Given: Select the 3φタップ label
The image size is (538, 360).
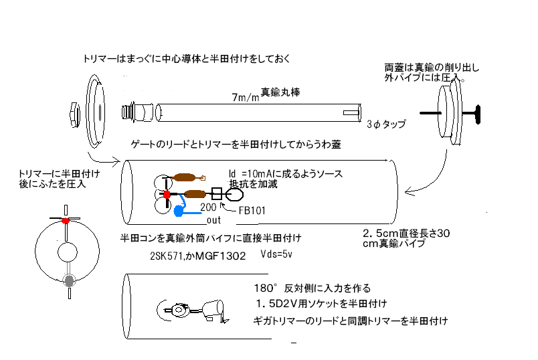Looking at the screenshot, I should pos(386,124).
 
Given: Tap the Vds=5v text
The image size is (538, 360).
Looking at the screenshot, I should pos(276,254).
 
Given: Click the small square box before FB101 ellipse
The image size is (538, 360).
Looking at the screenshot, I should pos(216,195).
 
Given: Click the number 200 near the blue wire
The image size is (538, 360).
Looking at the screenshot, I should pos(208,209).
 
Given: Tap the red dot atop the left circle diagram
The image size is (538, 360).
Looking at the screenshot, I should pos(66,220).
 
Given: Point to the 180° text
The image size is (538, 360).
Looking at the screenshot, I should pos(258,288).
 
